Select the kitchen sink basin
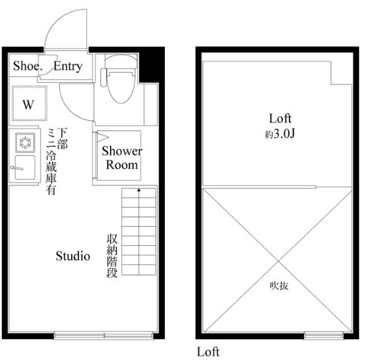pos(25,167)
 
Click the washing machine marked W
pos(29,103)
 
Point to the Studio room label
pos(73,256)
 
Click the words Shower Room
pos(121,158)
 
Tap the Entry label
pos(68,67)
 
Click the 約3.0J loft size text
pos(280,134)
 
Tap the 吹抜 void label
pos(279,286)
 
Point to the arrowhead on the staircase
pos(139,190)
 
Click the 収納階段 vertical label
pos(112,256)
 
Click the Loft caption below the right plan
pos(208,352)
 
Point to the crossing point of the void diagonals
pos(278,261)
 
